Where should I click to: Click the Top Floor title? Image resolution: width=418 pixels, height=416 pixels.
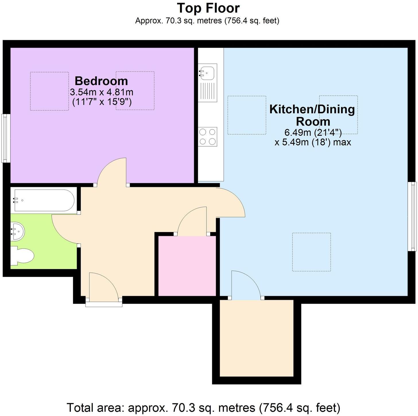point(208,8)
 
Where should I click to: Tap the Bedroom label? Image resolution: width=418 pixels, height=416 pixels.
point(101,81)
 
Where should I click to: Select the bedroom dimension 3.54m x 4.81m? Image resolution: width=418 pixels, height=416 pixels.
point(101,92)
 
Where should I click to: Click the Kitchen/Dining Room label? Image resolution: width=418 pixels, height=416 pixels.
point(312,115)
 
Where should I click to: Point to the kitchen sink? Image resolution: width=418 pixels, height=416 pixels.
point(208,71)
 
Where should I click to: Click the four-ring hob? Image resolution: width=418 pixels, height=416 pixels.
point(208,137)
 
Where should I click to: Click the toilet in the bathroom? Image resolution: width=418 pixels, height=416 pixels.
point(23,255)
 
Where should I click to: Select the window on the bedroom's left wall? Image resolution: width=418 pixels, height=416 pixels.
point(6,138)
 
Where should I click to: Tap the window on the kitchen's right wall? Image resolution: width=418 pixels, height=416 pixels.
point(413,216)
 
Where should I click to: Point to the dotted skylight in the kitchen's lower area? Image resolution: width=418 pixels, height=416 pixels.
point(311,252)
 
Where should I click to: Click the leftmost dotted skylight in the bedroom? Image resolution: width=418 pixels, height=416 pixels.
point(49,91)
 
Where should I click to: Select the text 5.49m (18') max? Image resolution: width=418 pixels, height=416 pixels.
point(313,142)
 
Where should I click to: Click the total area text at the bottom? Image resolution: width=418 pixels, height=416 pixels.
point(203,407)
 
